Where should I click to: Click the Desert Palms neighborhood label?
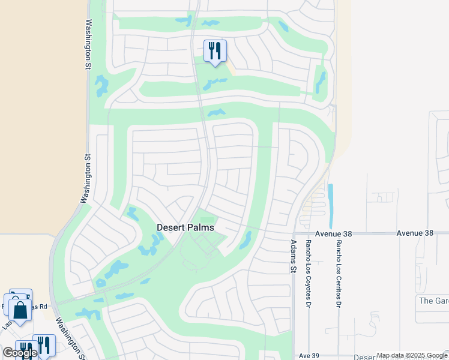click(185, 227)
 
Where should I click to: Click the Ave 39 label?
click(309, 356)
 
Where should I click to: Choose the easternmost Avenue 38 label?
click(415, 233)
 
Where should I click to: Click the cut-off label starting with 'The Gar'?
click(433, 301)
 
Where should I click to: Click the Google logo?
click(20, 353)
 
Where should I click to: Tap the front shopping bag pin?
click(20, 311)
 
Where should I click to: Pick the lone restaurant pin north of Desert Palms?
click(215, 51)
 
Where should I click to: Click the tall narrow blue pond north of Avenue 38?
click(330, 202)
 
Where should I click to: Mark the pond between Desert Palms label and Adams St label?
click(245, 240)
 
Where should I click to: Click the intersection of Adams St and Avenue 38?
click(294, 233)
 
